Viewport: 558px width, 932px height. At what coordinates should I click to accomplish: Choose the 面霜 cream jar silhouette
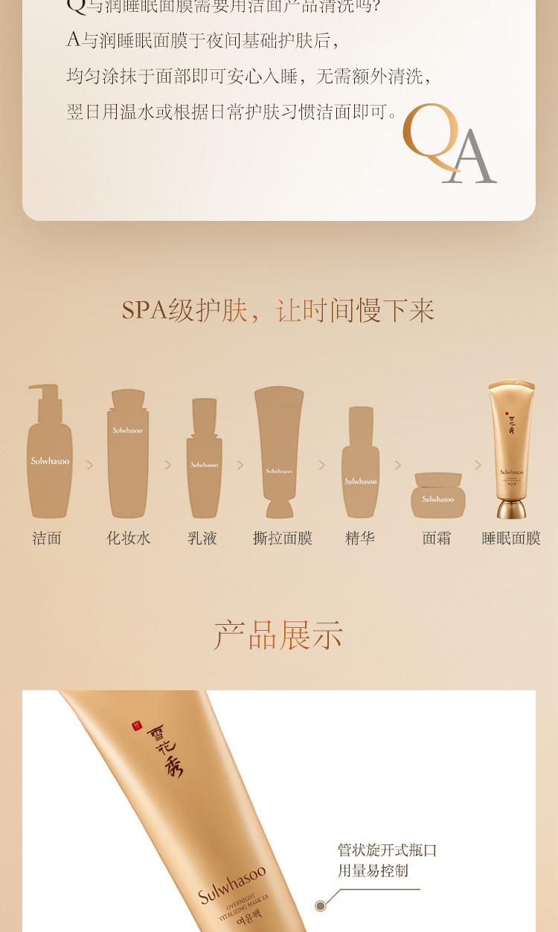click(x=438, y=496)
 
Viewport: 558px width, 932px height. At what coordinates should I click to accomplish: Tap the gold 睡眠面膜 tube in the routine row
click(x=511, y=449)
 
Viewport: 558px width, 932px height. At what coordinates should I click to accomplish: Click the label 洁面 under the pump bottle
click(x=47, y=538)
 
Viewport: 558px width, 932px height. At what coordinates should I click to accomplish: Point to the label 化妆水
click(x=128, y=538)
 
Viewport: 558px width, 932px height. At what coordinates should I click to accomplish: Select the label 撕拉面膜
click(x=283, y=538)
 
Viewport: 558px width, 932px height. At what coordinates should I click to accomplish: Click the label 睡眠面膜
click(x=511, y=538)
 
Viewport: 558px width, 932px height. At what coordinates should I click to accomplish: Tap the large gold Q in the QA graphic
click(x=431, y=138)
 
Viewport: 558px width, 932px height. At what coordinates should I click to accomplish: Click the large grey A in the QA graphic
click(x=470, y=158)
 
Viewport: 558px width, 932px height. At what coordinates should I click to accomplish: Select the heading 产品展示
click(x=278, y=635)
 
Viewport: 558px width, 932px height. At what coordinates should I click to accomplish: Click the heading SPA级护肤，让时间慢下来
click(x=278, y=310)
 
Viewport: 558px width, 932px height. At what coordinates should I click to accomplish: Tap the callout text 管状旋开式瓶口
click(x=387, y=850)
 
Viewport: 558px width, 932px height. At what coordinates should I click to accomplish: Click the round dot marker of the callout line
click(x=321, y=905)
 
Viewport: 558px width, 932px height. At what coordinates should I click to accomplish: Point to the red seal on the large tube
click(x=136, y=726)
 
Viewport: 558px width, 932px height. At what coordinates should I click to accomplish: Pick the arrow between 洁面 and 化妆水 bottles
click(x=90, y=465)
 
